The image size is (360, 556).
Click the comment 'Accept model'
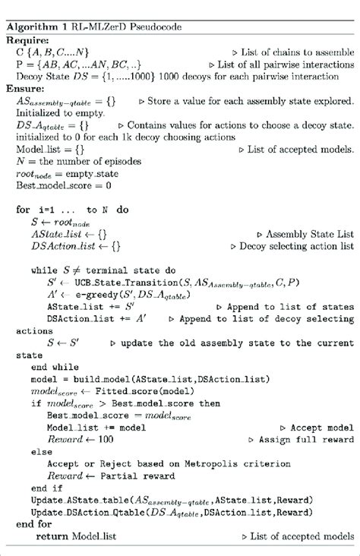click(x=327, y=428)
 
